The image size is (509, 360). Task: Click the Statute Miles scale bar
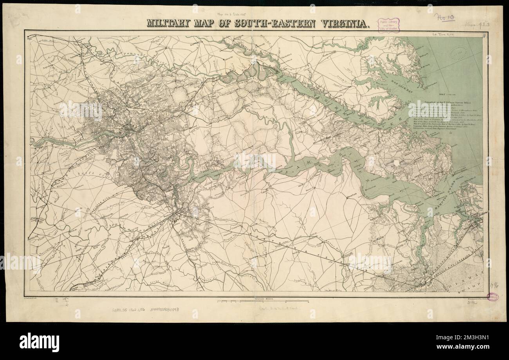point(264,301)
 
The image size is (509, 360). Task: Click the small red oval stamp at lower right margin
point(492,297)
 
